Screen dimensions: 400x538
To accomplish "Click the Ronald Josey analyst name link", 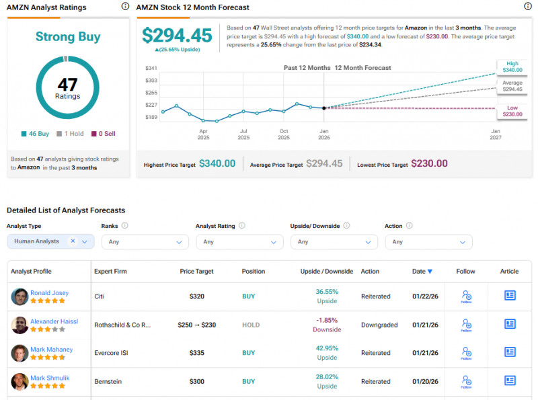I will click(x=49, y=293).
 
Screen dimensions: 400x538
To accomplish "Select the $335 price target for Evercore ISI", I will click(x=196, y=352).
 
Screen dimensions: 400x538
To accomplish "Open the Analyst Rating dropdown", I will click(x=239, y=241).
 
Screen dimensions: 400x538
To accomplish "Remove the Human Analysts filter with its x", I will click(x=73, y=241).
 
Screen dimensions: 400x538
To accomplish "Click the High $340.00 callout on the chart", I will click(x=512, y=66).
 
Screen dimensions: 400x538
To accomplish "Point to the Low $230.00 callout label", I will click(x=512, y=111).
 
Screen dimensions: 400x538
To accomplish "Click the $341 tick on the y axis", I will click(x=151, y=68).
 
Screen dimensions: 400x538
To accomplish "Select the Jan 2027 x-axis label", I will click(x=496, y=134).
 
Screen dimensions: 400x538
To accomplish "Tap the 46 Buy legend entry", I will click(x=35, y=134).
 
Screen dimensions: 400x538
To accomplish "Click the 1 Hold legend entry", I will click(x=70, y=134).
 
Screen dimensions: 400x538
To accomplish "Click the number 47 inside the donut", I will click(x=67, y=85).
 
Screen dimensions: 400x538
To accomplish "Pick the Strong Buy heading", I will click(x=67, y=37).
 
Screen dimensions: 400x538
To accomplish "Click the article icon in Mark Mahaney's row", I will click(x=510, y=352).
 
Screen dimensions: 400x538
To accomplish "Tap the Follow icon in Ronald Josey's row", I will click(x=467, y=296).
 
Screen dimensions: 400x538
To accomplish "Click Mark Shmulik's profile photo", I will click(x=20, y=381).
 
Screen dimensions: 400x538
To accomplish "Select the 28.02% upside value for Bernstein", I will click(x=327, y=377).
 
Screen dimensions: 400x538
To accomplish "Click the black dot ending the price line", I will click(x=324, y=108).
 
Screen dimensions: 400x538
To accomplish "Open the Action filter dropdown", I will click(x=428, y=241).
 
